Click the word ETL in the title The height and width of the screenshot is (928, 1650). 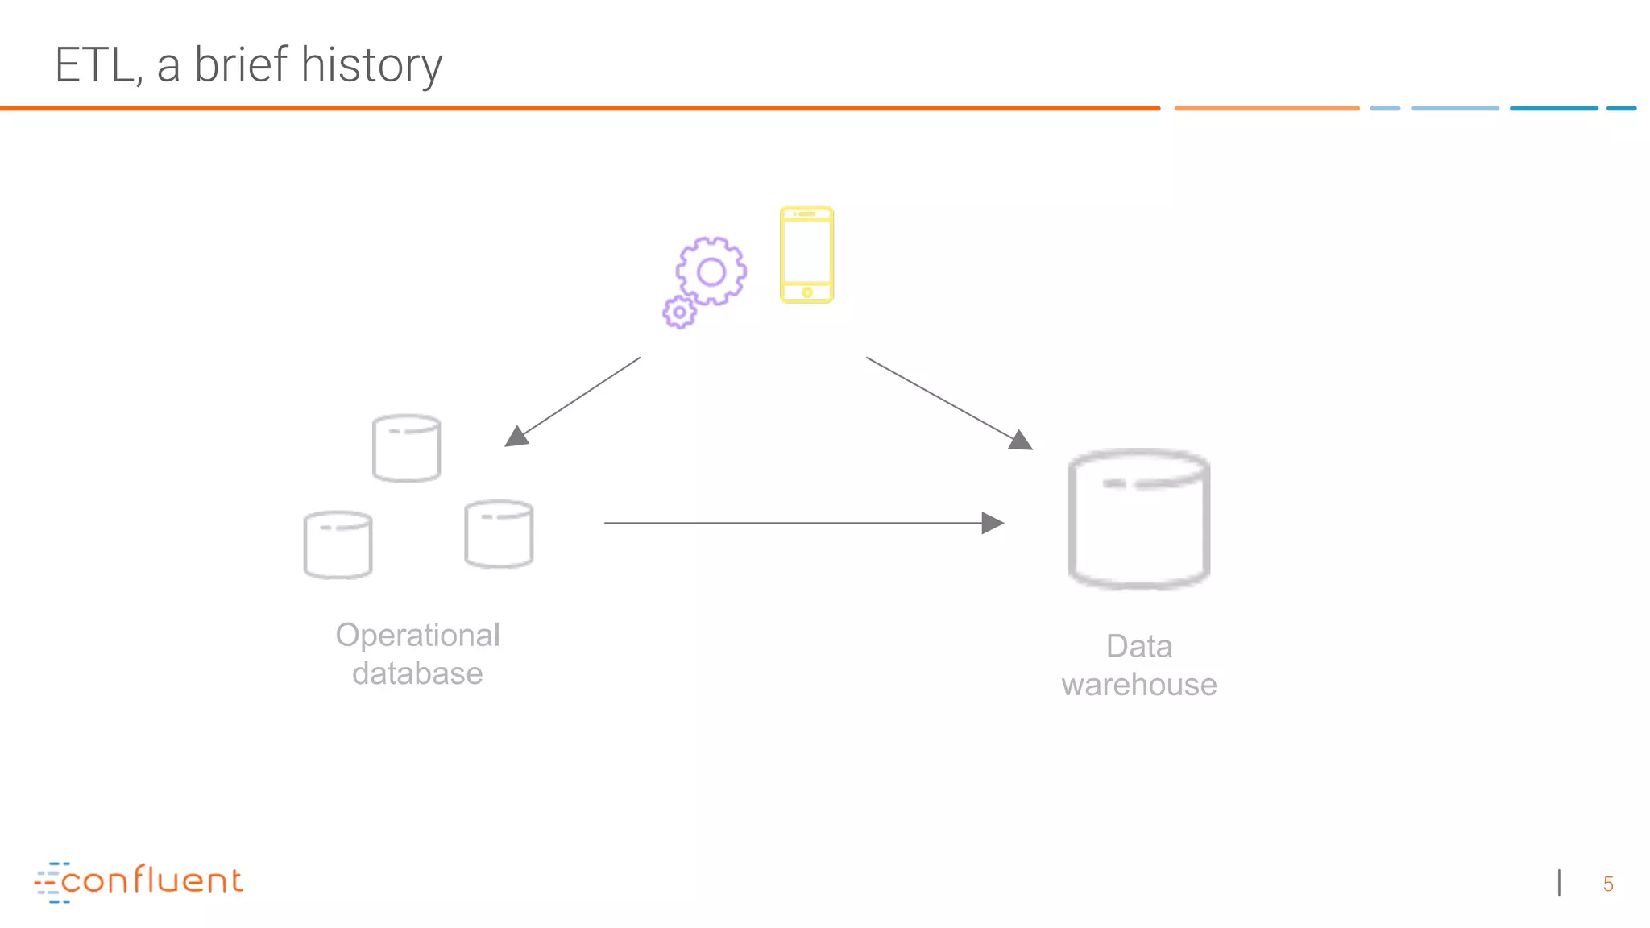tap(93, 65)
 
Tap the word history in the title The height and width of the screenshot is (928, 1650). tap(371, 65)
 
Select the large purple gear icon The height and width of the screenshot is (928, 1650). tap(711, 271)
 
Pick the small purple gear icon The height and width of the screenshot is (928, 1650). tap(680, 312)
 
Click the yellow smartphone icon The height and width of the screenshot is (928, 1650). tap(806, 255)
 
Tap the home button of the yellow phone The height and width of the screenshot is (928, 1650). tap(806, 292)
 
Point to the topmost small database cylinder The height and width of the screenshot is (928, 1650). tap(407, 449)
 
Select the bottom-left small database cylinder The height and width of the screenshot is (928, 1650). tap(338, 545)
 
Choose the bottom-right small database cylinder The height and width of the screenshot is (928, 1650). tap(499, 534)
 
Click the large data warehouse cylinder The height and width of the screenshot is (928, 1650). tap(1139, 520)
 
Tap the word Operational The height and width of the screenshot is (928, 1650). tap(417, 635)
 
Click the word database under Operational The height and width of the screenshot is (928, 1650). tap(417, 673)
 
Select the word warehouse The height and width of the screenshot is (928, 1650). tap(1138, 685)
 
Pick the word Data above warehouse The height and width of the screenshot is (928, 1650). tap(1138, 646)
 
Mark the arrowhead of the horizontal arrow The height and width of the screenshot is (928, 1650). tap(993, 523)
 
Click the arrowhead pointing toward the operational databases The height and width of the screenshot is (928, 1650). tap(516, 437)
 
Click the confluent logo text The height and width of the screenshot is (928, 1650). tap(151, 880)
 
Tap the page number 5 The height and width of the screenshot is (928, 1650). tap(1608, 884)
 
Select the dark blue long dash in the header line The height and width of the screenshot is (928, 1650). tap(1553, 108)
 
